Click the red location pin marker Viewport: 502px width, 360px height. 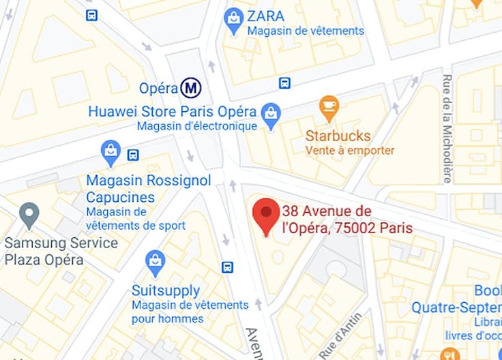click(266, 214)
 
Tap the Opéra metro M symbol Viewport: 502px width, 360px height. click(191, 87)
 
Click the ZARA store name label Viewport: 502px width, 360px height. click(266, 16)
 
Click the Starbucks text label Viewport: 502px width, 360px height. click(338, 135)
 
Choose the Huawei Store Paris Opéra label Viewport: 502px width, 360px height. click(173, 111)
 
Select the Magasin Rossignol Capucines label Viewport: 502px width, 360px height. click(149, 189)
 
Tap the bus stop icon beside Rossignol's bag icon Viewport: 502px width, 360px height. click(133, 155)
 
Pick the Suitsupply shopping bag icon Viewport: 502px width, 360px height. click(156, 261)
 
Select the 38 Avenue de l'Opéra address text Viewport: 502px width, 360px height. click(346, 219)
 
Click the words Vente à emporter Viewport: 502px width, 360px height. click(350, 151)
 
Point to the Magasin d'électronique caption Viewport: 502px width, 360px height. click(197, 126)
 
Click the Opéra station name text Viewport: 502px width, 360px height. click(158, 88)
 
